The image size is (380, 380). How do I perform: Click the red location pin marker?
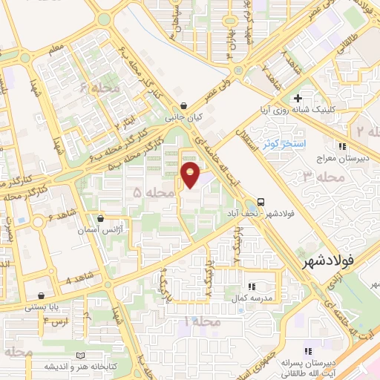[x=191, y=176]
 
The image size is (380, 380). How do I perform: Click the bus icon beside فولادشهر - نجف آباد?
[x=261, y=201]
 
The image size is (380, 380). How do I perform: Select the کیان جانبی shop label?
[x=183, y=117]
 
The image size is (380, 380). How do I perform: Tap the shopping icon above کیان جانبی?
[x=183, y=105]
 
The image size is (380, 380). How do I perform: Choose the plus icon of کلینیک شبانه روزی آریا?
[x=298, y=98]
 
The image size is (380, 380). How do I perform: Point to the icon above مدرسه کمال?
[x=251, y=286]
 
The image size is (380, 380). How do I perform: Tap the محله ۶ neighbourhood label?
[x=105, y=88]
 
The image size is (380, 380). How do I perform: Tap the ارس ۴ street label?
[x=55, y=321]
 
